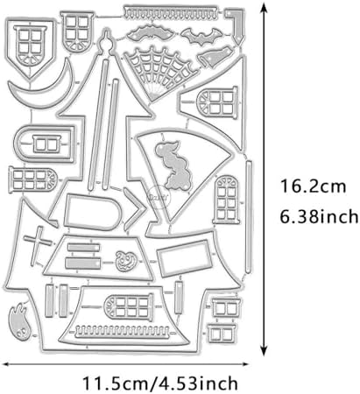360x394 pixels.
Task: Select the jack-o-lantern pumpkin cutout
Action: pos(126,260)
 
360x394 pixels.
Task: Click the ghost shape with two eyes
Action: pos(18,319)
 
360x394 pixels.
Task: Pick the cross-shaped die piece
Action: pos(37,244)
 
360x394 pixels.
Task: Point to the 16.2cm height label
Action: pos(313,186)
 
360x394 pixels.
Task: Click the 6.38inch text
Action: pos(319,216)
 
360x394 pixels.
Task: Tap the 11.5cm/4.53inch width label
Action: pos(160,383)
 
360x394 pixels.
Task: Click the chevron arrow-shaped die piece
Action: pos(135,209)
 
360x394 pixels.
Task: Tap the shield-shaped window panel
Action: pos(30,46)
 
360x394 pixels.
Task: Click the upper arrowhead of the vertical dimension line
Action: pos(264,8)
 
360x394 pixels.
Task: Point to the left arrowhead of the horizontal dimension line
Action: pos(6,364)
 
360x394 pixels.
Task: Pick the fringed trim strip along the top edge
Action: pos(171,13)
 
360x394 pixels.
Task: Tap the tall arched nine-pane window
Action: pos(227,199)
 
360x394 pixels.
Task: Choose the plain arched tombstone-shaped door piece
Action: pos(93,213)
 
